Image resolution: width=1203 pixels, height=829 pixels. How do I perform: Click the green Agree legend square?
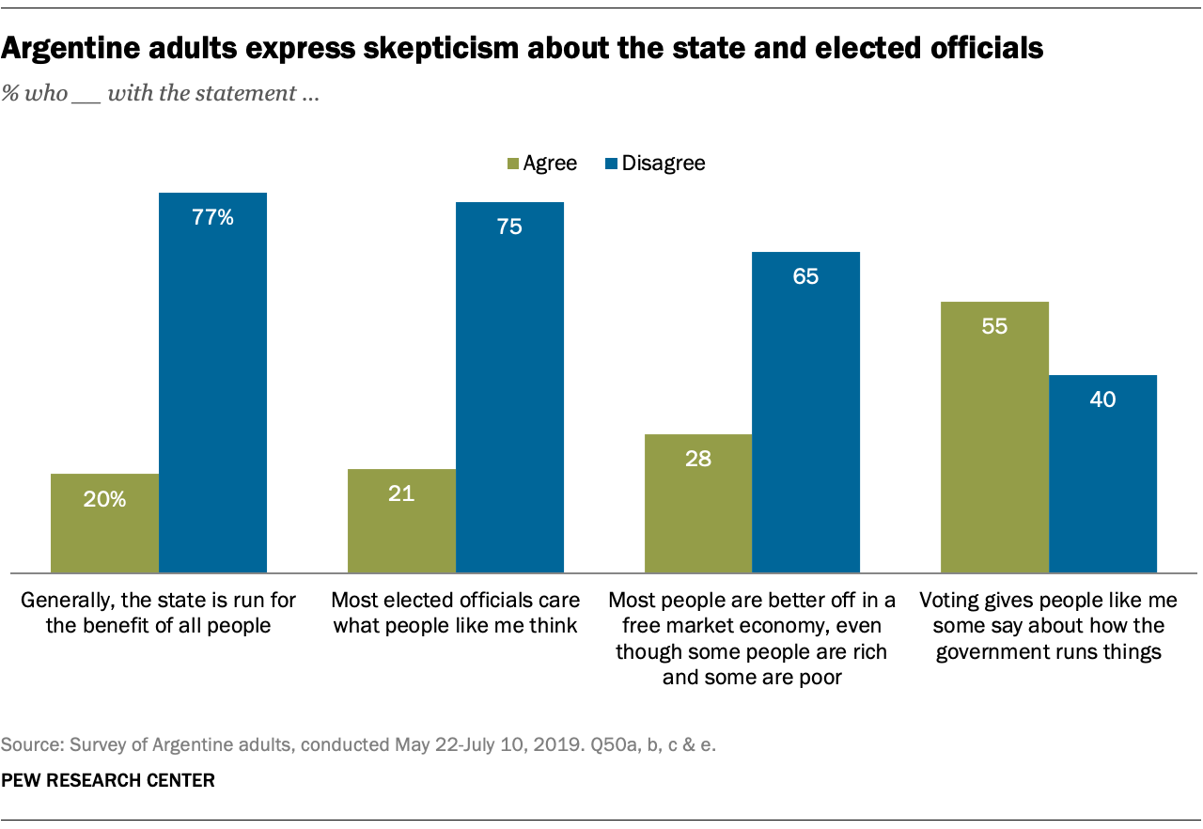click(512, 164)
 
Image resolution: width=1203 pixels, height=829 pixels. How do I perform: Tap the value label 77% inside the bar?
click(212, 218)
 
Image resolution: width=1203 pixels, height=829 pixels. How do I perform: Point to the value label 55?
click(994, 326)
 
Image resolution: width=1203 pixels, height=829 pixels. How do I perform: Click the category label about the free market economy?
click(752, 638)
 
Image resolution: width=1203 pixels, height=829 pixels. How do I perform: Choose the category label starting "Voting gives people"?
click(1048, 625)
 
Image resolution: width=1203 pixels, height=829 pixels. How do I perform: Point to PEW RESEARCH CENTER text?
click(108, 781)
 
